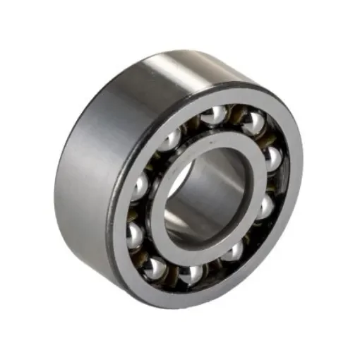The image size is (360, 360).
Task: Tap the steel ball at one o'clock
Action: [x=251, y=123]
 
